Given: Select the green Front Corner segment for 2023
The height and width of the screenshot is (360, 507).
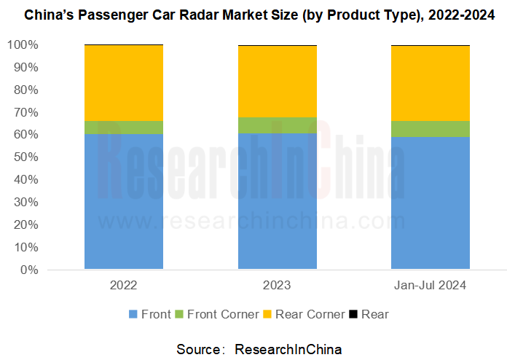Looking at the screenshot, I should [x=278, y=125].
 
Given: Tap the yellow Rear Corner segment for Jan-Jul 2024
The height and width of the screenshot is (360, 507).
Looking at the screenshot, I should [x=430, y=83].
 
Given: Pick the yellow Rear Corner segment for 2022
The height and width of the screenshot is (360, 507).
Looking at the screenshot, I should [x=124, y=83].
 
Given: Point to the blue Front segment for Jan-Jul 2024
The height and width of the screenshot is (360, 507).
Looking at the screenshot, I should [x=430, y=203].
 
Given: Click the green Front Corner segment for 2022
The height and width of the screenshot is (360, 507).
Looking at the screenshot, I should [x=124, y=128].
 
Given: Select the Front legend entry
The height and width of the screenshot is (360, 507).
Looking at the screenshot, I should [x=149, y=314].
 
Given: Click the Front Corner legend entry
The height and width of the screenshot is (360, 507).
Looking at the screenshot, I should [x=216, y=314].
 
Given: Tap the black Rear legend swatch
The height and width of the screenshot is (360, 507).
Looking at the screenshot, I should [x=354, y=314].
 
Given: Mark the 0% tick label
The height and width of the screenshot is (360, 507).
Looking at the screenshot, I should [x=28, y=270].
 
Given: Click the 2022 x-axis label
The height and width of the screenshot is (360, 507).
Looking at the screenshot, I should [x=124, y=285].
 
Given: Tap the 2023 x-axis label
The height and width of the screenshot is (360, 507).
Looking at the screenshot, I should [x=278, y=285].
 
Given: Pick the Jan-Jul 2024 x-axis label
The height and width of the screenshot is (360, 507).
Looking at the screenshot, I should [x=430, y=285].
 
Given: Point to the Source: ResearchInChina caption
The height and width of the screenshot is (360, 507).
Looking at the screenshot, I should [x=259, y=349].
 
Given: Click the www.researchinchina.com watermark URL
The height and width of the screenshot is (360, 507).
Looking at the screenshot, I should [x=248, y=220].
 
